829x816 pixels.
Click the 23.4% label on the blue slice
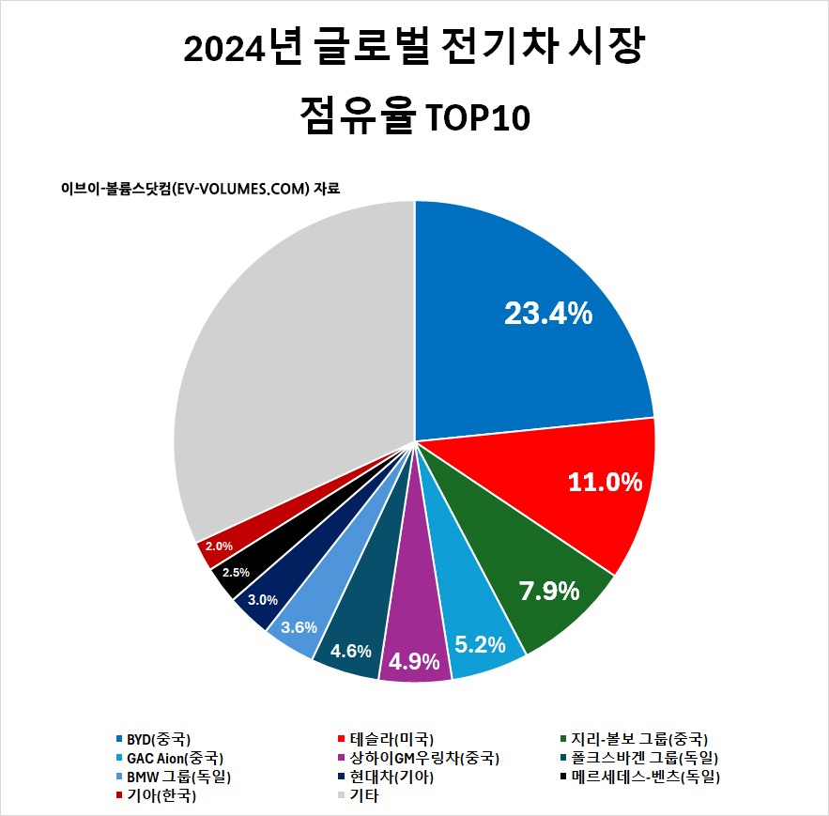[548, 314]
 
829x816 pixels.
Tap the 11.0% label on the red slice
[605, 483]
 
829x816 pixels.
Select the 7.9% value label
[549, 592]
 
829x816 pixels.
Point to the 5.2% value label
[480, 645]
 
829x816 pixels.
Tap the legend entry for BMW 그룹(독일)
[178, 777]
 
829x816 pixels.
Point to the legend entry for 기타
[363, 795]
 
